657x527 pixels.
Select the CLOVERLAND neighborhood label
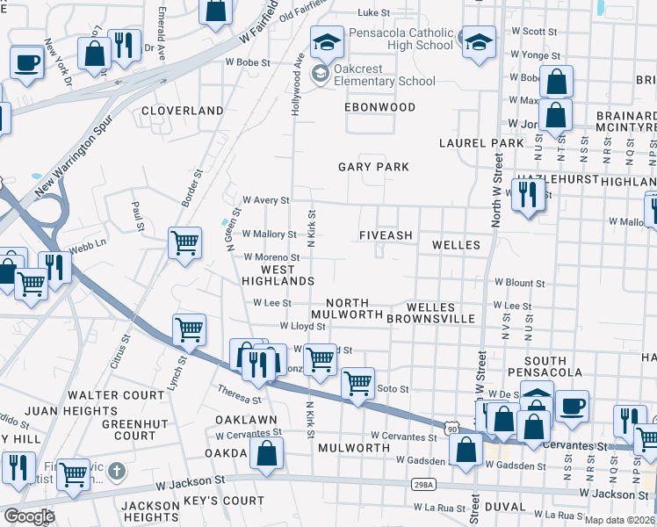tap(184, 111)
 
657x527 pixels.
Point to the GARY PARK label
tap(374, 167)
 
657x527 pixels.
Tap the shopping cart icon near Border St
tap(184, 242)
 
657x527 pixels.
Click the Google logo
tap(28, 516)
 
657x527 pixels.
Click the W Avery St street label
tap(265, 200)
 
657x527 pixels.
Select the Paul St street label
tap(137, 216)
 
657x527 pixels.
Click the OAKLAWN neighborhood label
tap(246, 420)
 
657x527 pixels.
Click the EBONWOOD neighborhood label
tap(379, 107)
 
